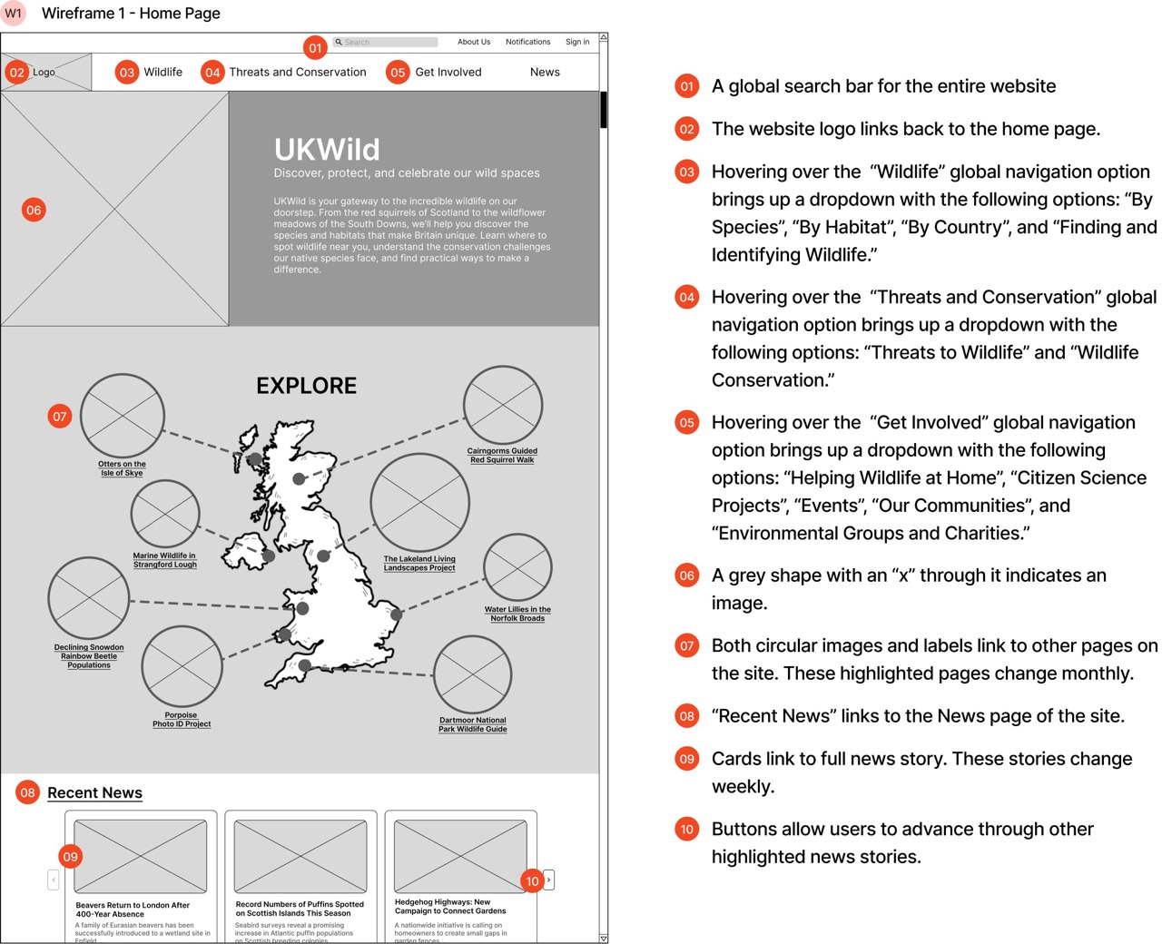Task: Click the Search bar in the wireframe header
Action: tap(386, 42)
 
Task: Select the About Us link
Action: tap(473, 42)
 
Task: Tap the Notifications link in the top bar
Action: tap(527, 42)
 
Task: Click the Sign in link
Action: tap(577, 42)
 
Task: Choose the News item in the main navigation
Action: tap(545, 72)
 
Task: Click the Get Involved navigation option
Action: tap(448, 72)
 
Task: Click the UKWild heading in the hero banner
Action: tap(327, 149)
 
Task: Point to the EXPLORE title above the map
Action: tap(306, 386)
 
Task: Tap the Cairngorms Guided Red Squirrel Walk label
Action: tap(502, 456)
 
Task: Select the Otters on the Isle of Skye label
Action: tap(122, 468)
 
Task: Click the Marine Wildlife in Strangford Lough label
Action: tap(164, 560)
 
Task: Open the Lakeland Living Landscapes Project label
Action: tap(419, 564)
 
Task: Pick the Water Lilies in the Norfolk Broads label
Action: tap(517, 614)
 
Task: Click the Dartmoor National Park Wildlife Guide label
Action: tap(473, 724)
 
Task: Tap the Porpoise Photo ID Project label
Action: tap(182, 720)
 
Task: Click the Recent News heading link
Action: tap(94, 792)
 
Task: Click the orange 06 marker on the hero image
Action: tap(34, 210)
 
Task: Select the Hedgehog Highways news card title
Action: tap(450, 907)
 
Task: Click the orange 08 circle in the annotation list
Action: tap(687, 716)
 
